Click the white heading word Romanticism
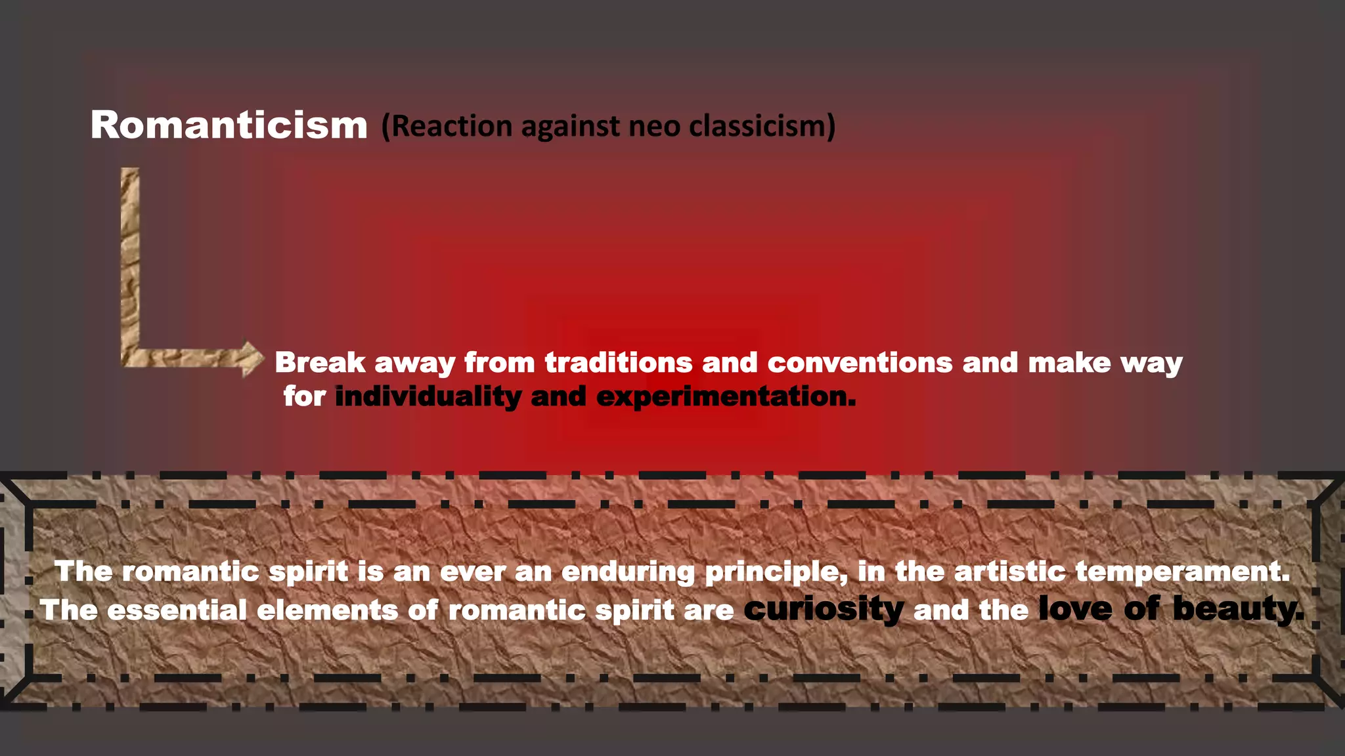pyautogui.click(x=229, y=125)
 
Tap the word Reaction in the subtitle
pyautogui.click(x=451, y=126)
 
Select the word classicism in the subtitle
pyautogui.click(x=762, y=126)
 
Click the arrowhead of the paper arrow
pyautogui.click(x=251, y=358)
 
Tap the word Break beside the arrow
pyautogui.click(x=320, y=362)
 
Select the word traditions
pyautogui.click(x=618, y=362)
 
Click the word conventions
pyautogui.click(x=860, y=362)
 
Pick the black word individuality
pyautogui.click(x=428, y=397)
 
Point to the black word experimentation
pyautogui.click(x=726, y=397)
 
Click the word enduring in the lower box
pyautogui.click(x=628, y=572)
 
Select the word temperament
pyautogui.click(x=1182, y=572)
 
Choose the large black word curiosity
pyautogui.click(x=824, y=610)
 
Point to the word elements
pyautogui.click(x=327, y=610)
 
